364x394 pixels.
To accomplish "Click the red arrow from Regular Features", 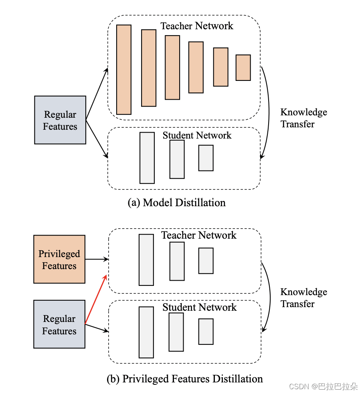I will pos(96,299).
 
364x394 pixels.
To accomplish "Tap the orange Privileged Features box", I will pos(59,259).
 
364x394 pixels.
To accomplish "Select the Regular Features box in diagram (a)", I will pos(60,120).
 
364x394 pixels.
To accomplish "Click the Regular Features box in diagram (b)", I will pos(59,324).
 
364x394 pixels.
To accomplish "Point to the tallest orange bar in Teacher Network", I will pos(124,70).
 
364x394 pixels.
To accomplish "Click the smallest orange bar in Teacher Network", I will pos(243,68).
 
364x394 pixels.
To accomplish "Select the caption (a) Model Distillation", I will pos(176,203).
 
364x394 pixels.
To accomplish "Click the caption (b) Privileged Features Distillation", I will pos(185,378).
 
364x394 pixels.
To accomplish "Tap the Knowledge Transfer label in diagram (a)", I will pos(303,118).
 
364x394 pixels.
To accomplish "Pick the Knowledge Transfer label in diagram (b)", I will pos(303,298).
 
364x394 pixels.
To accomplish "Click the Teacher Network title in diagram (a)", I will pos(197,26).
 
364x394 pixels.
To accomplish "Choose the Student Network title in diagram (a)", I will pos(197,135).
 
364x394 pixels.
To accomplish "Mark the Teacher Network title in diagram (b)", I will pos(199,235).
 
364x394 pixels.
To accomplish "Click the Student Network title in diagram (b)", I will pos(199,308).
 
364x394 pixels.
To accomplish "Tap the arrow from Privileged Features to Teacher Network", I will pos(97,259).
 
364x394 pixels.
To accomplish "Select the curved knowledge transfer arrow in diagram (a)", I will pos(268,112).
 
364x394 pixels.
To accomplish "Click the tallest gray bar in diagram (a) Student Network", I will pos(147,158).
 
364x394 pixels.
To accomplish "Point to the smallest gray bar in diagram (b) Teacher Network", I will pos(206,261).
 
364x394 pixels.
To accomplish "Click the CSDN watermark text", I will pos(323,386).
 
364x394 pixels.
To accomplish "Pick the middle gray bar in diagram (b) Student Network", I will pos(176,332).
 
